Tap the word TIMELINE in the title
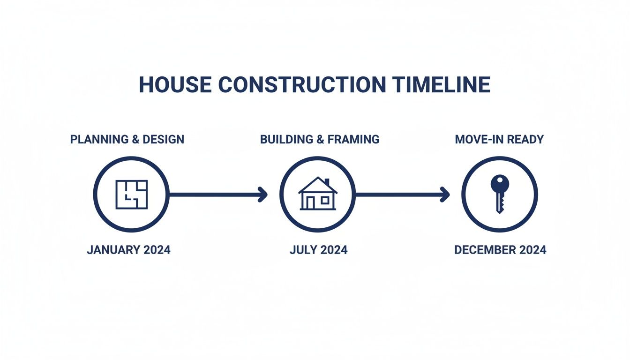pos(441,85)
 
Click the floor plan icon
pos(132,194)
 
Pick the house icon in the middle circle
pos(318,194)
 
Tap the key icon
pos(500,194)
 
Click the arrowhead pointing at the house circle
pos(263,194)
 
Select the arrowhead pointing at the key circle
pos(445,194)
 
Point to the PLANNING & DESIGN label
pos(127,139)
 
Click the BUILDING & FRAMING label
pos(320,139)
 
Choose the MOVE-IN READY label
pos(499,139)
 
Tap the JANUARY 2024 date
pos(128,250)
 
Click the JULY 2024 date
pos(319,250)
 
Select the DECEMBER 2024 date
pos(500,250)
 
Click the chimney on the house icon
pos(327,182)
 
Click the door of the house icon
pos(310,203)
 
